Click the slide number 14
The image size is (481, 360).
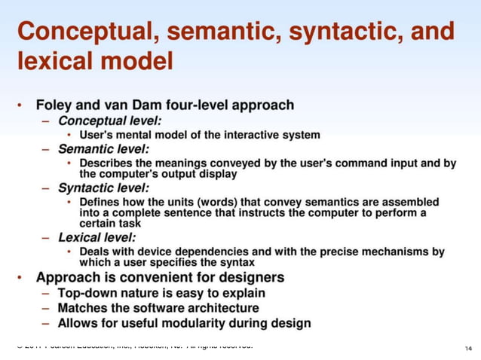point(468,348)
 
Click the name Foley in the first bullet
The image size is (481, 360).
point(56,105)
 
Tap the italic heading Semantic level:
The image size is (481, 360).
point(104,149)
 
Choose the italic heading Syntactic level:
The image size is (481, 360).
point(104,187)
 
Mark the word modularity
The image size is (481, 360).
point(205,323)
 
